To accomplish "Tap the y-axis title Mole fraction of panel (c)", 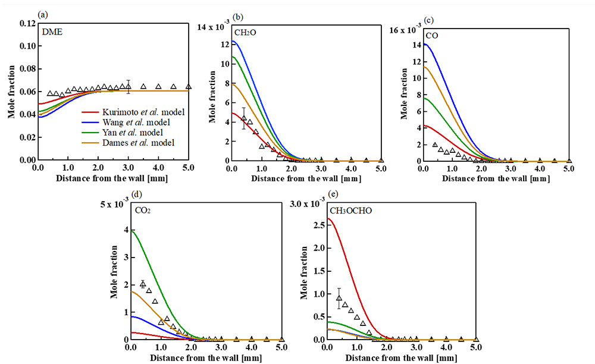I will [x=404, y=93].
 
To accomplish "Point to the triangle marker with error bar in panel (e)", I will [x=339, y=298].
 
